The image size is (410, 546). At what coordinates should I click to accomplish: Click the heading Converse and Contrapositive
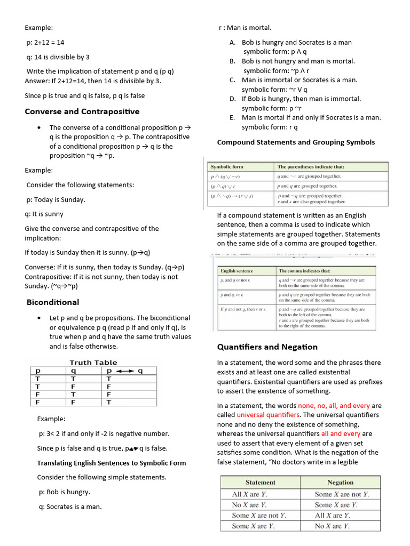tap(82, 111)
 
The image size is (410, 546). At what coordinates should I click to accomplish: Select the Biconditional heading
tap(53, 302)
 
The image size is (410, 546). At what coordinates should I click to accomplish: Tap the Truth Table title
tap(93, 363)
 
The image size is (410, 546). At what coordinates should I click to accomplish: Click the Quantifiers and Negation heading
tap(267, 347)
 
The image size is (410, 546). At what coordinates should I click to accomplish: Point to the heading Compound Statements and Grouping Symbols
tap(296, 142)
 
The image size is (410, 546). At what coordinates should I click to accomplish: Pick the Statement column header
tap(261, 482)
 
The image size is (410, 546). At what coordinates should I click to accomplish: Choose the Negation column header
tap(340, 482)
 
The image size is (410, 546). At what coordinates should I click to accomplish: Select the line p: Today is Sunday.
tap(56, 199)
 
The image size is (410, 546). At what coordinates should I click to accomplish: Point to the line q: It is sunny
tap(44, 214)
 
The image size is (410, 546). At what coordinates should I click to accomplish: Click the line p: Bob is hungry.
tap(64, 492)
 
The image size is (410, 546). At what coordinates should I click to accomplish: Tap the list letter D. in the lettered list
tap(233, 99)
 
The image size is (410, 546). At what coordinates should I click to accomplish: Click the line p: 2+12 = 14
tap(45, 42)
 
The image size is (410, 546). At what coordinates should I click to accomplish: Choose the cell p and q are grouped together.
tap(307, 186)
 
